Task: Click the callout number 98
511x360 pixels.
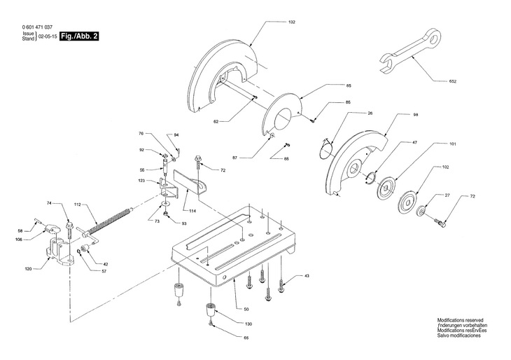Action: (415, 114)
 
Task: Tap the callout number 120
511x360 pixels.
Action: (27, 268)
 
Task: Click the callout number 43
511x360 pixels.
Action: (306, 276)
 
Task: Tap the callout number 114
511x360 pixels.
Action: (191, 210)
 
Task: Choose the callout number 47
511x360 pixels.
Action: (414, 142)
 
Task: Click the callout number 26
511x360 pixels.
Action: (370, 113)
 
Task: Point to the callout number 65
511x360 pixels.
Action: (246, 338)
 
